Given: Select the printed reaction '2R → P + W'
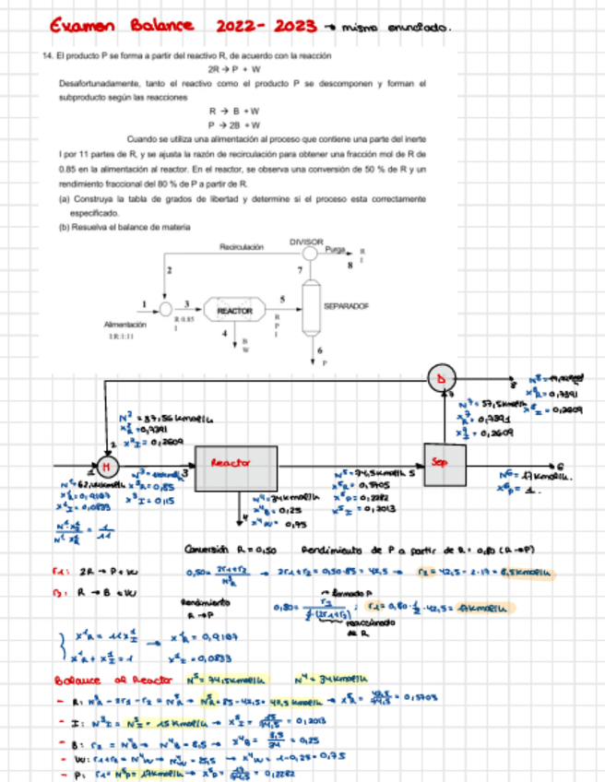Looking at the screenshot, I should pyautogui.click(x=235, y=69).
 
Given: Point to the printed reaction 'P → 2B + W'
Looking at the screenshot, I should pyautogui.click(x=235, y=124).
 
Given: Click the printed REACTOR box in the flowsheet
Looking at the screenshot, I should pyautogui.click(x=234, y=312).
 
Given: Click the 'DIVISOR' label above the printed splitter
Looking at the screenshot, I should pyautogui.click(x=306, y=242).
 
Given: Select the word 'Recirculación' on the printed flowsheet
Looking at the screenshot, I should pyautogui.click(x=242, y=247).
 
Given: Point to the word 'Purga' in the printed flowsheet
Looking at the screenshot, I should pyautogui.click(x=336, y=251).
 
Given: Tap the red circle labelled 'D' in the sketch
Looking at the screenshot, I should pyautogui.click(x=440, y=376).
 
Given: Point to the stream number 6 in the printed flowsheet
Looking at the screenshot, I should pyautogui.click(x=320, y=351).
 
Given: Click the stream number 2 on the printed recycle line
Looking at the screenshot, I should pyautogui.click(x=169, y=269).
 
